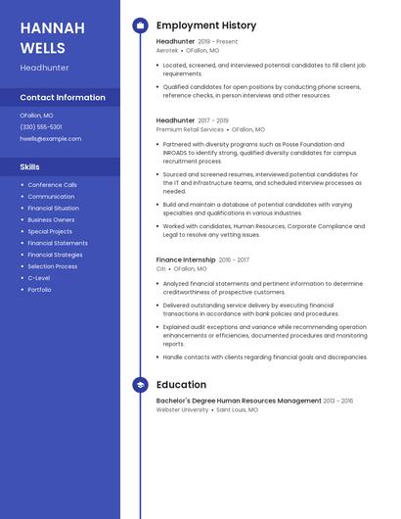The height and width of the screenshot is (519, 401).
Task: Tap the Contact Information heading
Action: click(63, 97)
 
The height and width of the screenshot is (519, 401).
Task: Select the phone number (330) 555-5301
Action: click(41, 126)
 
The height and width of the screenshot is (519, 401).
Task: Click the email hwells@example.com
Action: click(50, 138)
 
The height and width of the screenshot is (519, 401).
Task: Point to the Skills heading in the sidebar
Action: click(29, 166)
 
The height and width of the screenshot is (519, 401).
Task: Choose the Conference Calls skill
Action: click(52, 184)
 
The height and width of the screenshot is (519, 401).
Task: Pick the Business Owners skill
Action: click(51, 219)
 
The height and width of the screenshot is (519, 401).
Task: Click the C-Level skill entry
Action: click(38, 277)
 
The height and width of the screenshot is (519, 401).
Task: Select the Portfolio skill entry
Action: click(39, 289)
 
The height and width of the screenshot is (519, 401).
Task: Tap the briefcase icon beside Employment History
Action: click(140, 25)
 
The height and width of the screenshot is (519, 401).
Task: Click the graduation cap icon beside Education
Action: click(140, 385)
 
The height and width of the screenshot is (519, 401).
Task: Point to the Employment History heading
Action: click(206, 25)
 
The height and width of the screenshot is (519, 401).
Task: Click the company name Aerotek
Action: click(167, 49)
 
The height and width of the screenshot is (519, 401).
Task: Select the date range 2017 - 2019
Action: click(213, 120)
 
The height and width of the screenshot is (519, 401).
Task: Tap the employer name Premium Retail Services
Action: click(190, 128)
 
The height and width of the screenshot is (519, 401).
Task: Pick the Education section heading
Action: click(181, 385)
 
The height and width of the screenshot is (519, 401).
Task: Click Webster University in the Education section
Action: click(182, 409)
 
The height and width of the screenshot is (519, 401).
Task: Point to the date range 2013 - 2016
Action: click(338, 401)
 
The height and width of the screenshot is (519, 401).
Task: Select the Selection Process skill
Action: click(52, 265)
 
